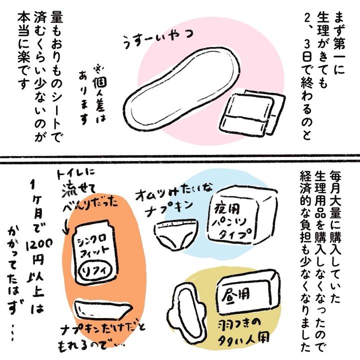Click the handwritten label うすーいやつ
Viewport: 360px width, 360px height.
[158, 39]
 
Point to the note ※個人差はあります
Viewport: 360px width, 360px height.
[92, 94]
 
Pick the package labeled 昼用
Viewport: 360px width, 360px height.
[248, 294]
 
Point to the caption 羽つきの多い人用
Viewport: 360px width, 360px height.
[244, 330]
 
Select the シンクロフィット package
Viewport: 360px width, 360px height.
[96, 252]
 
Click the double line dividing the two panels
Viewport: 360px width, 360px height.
[180, 159]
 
